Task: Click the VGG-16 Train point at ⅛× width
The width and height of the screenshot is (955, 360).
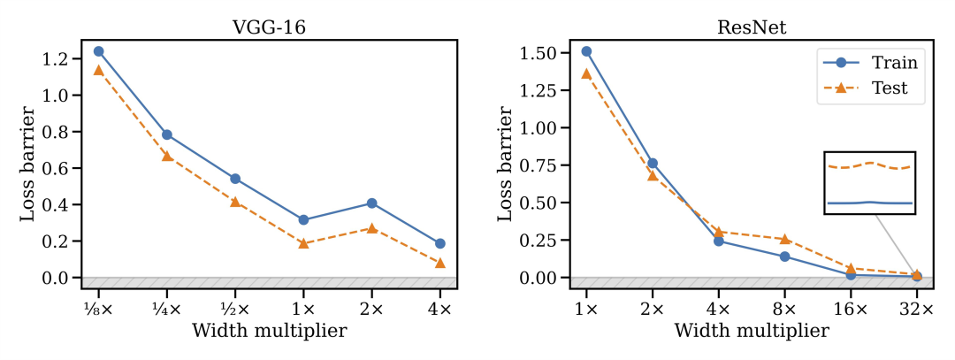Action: (x=98, y=51)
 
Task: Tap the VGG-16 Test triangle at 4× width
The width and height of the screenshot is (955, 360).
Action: (x=439, y=263)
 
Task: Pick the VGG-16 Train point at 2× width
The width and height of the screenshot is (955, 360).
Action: (x=371, y=203)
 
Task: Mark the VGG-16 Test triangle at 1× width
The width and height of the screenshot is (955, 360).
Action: (x=303, y=243)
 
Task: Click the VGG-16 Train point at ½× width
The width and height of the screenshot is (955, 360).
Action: (x=235, y=179)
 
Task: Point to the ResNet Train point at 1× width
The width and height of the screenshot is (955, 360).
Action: (x=586, y=51)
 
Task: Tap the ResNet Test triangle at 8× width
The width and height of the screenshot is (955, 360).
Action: (x=784, y=239)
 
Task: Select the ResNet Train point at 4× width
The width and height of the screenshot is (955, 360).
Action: (x=718, y=241)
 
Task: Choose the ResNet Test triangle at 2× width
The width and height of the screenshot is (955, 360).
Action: (x=653, y=175)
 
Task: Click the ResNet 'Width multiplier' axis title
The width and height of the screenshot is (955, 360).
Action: (x=751, y=331)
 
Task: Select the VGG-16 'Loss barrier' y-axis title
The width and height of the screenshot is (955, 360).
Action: (x=28, y=165)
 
